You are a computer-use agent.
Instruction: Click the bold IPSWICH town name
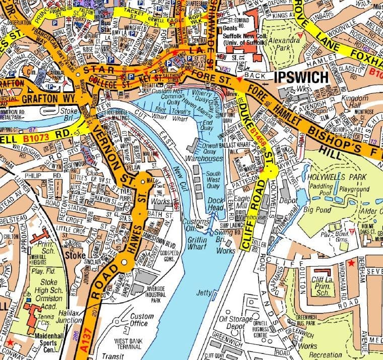tap(300, 77)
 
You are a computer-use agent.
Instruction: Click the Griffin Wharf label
tap(197, 244)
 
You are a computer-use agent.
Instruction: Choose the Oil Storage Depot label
tap(237, 323)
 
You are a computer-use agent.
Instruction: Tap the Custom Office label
tap(142, 320)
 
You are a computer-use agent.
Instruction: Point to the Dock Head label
tap(215, 203)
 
